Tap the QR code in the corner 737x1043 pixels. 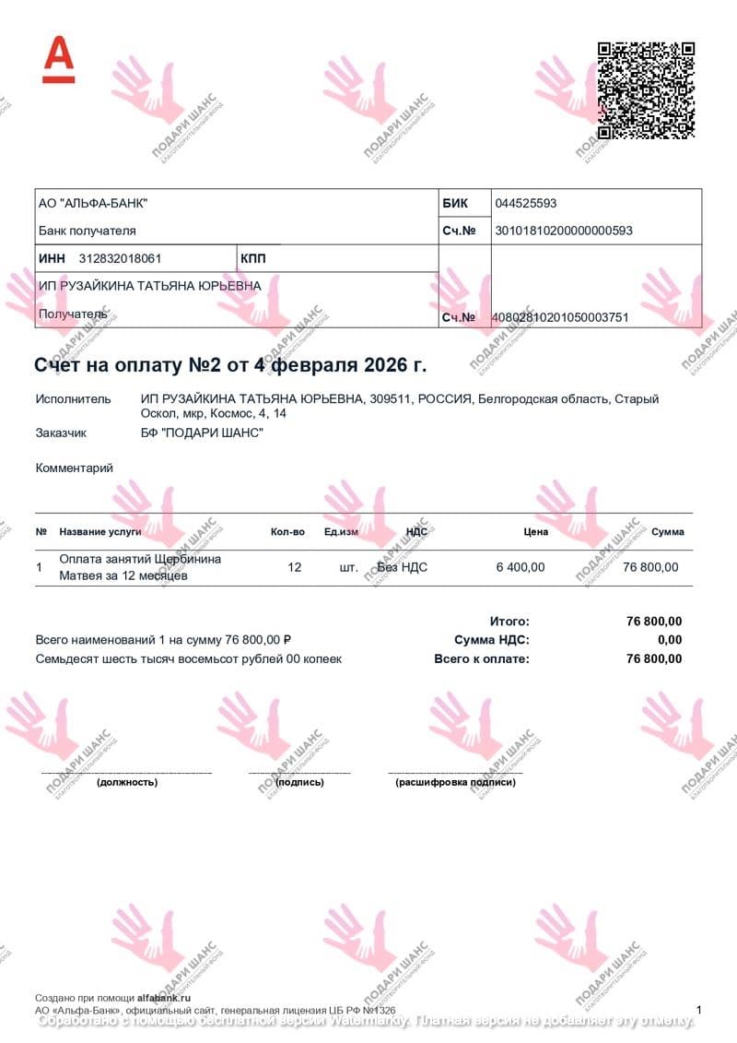click(646, 89)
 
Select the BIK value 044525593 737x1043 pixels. click(526, 204)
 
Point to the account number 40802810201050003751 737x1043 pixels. click(561, 317)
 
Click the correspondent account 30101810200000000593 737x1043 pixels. click(564, 231)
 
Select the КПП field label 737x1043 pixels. click(252, 259)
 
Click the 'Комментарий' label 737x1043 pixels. click(75, 468)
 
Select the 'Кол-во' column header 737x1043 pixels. click(287, 532)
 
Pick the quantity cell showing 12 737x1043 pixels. click(295, 568)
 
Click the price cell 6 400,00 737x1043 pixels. click(521, 568)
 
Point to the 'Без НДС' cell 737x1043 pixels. click(403, 568)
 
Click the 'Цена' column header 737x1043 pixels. click(535, 532)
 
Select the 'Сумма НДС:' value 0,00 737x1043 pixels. click(671, 640)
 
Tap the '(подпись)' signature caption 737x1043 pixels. click(300, 782)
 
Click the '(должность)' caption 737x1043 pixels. click(127, 782)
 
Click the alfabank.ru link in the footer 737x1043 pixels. click(163, 998)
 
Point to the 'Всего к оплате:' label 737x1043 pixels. click(482, 659)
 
